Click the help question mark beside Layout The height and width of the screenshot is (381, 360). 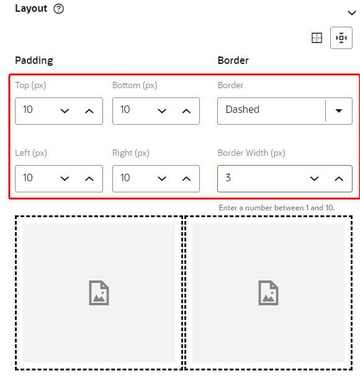coord(58,9)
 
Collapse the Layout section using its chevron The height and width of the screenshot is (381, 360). coord(351,13)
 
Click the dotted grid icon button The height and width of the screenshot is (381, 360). coord(317,38)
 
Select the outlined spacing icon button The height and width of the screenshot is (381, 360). coord(341,38)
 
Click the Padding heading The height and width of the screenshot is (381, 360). coord(34,61)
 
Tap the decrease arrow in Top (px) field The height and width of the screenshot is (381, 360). coord(65,111)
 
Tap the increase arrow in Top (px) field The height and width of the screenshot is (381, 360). coord(89,111)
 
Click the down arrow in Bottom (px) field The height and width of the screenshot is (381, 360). coord(162,111)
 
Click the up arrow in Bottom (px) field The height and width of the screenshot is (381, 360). coord(186,111)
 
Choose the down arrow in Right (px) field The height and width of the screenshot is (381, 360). coord(162,179)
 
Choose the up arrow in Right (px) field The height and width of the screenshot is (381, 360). coord(186,179)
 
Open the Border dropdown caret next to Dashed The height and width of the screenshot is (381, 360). coord(339,111)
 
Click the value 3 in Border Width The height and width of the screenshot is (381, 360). coord(228,177)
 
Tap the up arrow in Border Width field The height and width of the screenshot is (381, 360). coord(339,179)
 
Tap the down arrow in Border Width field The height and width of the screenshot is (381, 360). coord(314,179)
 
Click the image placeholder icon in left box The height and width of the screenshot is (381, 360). coord(99,293)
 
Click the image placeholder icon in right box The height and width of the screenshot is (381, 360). coord(268,293)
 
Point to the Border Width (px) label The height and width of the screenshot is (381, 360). coord(251,153)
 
